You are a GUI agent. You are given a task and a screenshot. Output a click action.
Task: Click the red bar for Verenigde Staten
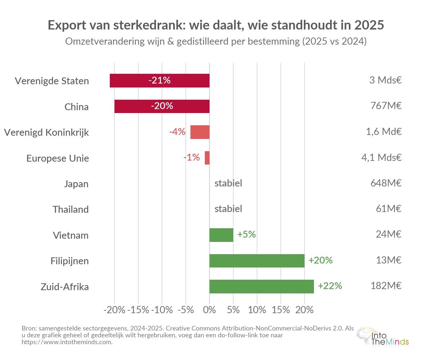[x=159, y=81]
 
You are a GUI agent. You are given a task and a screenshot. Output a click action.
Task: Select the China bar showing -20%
[x=162, y=107]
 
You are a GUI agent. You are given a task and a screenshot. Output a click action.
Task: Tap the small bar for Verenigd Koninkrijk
[x=200, y=132]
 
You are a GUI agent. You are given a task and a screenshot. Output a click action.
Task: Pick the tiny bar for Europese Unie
[x=207, y=158]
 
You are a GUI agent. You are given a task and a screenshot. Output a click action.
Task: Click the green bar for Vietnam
[x=221, y=235]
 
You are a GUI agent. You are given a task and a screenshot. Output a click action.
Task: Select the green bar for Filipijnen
[x=257, y=261]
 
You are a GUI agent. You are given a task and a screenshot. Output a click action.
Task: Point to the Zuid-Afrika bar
[x=261, y=287]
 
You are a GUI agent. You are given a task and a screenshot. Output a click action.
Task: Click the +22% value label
[x=330, y=286]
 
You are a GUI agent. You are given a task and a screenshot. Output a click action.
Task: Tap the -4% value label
[x=177, y=132]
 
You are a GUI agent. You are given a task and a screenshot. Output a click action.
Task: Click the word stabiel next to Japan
[x=228, y=184]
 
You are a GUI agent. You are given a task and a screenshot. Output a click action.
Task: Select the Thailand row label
[x=71, y=210]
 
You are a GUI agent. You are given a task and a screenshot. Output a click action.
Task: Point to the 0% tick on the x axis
[x=210, y=310]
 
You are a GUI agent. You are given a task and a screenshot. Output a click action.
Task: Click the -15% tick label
[x=139, y=310]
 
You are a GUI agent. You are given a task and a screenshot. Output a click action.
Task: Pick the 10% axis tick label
[x=257, y=310]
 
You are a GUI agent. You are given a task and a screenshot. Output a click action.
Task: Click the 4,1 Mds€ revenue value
[x=381, y=158]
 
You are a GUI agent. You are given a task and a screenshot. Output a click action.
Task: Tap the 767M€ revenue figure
[x=386, y=106]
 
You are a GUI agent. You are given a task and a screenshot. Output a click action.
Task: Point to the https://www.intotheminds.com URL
[x=67, y=342]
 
